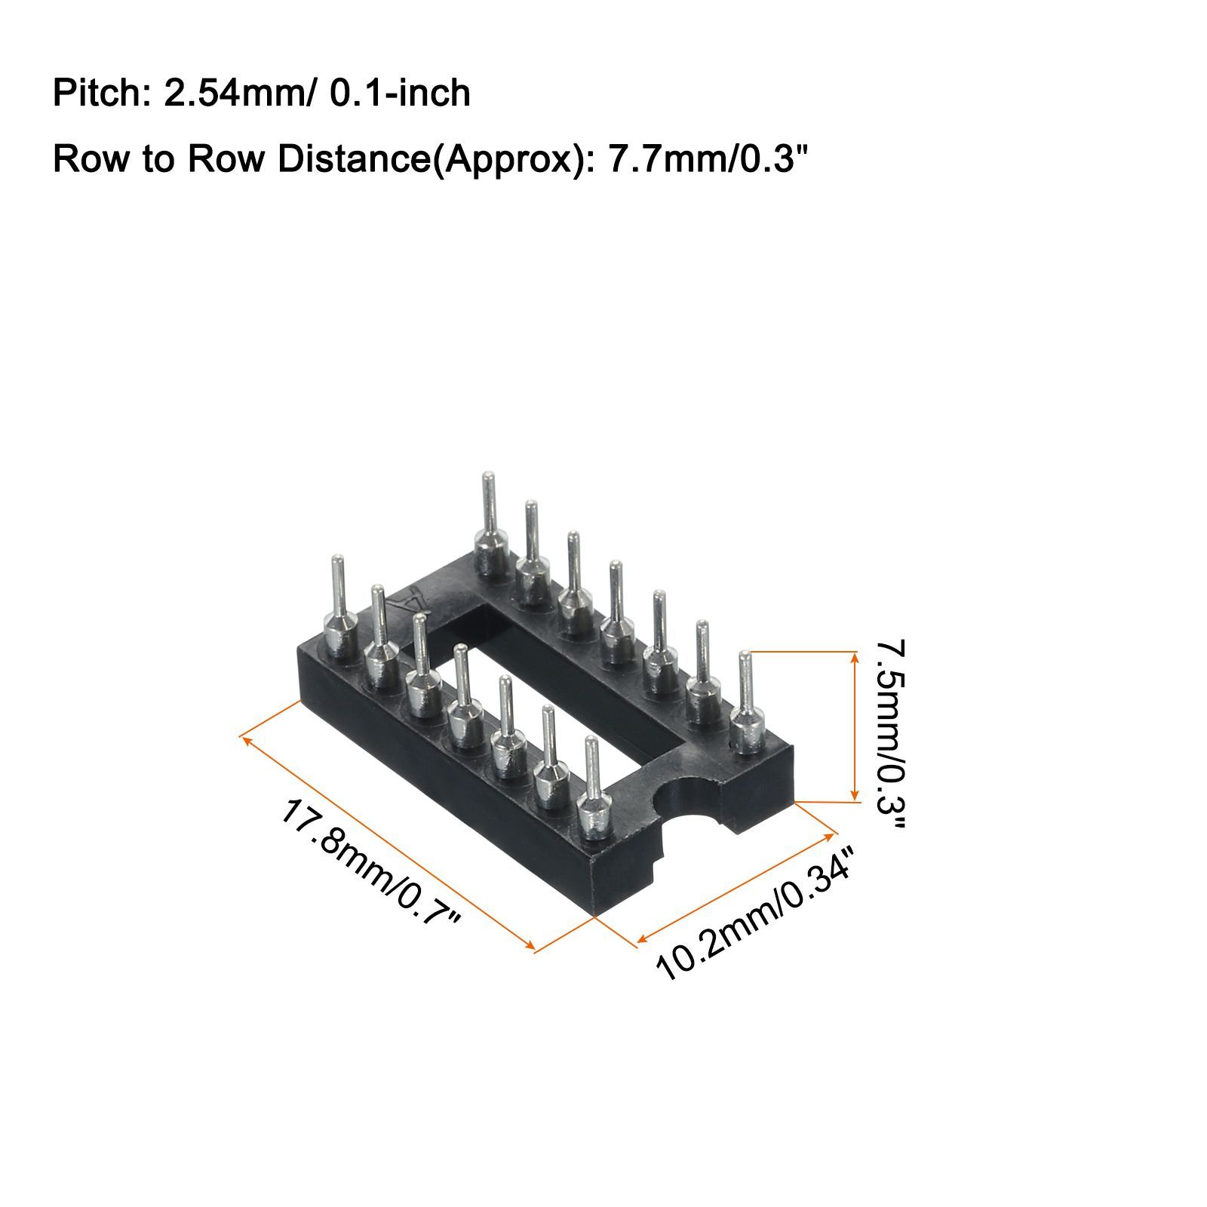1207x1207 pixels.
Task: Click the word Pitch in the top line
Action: pos(96,94)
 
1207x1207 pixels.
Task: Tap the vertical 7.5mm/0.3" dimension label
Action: pos(891,736)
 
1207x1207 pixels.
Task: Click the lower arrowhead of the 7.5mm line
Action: pos(854,794)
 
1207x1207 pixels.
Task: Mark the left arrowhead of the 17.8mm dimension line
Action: pos(246,739)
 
